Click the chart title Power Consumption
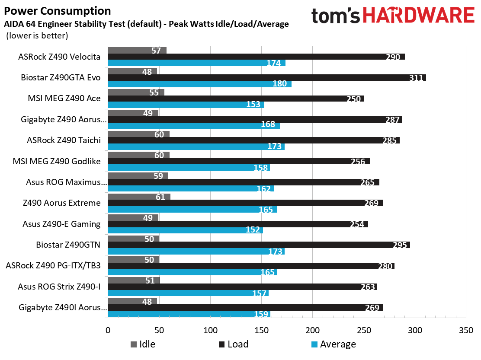58,11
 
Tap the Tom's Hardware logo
393,16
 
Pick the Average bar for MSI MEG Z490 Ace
186,105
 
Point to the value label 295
400,245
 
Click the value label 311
417,78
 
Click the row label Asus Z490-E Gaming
61,224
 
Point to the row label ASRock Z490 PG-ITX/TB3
53,265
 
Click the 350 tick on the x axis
465,330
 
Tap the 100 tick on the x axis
210,330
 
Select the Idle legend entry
143,344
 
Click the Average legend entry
333,344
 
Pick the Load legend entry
234,344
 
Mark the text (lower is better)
37,36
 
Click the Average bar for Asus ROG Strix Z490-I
188,293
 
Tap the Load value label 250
354,99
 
